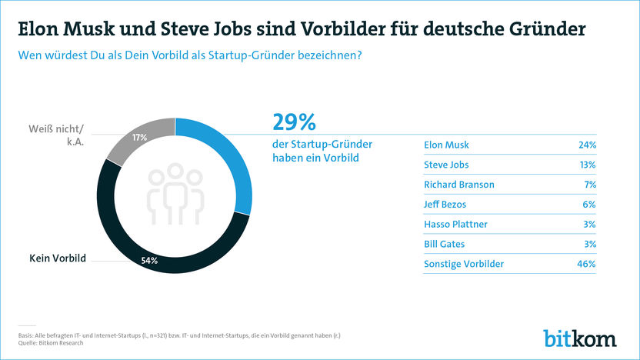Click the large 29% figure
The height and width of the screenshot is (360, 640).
[295, 123]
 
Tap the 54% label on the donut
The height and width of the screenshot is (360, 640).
[149, 261]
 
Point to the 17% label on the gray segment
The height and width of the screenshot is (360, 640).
[139, 138]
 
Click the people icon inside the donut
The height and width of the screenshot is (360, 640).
[175, 196]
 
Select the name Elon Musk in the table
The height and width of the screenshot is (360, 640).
[446, 145]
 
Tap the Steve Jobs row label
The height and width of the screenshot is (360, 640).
[446, 165]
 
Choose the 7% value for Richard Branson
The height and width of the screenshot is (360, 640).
[590, 185]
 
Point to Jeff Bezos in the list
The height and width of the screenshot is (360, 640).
[445, 205]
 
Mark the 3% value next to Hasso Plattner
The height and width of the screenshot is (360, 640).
[590, 225]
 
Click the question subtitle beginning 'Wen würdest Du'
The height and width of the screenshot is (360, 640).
[185, 55]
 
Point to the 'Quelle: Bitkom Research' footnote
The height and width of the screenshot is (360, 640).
[50, 343]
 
